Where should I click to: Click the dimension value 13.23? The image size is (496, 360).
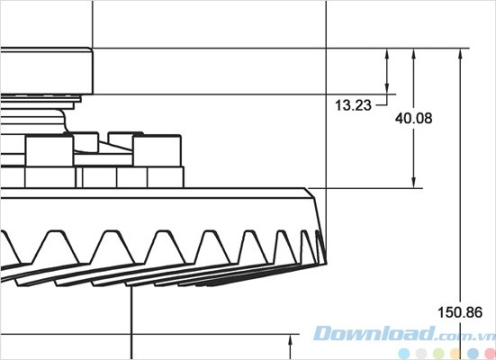353,105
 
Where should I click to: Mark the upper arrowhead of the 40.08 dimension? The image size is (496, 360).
413,53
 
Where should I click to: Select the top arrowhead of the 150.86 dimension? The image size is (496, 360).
461,53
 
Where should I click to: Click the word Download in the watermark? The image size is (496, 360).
360,332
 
